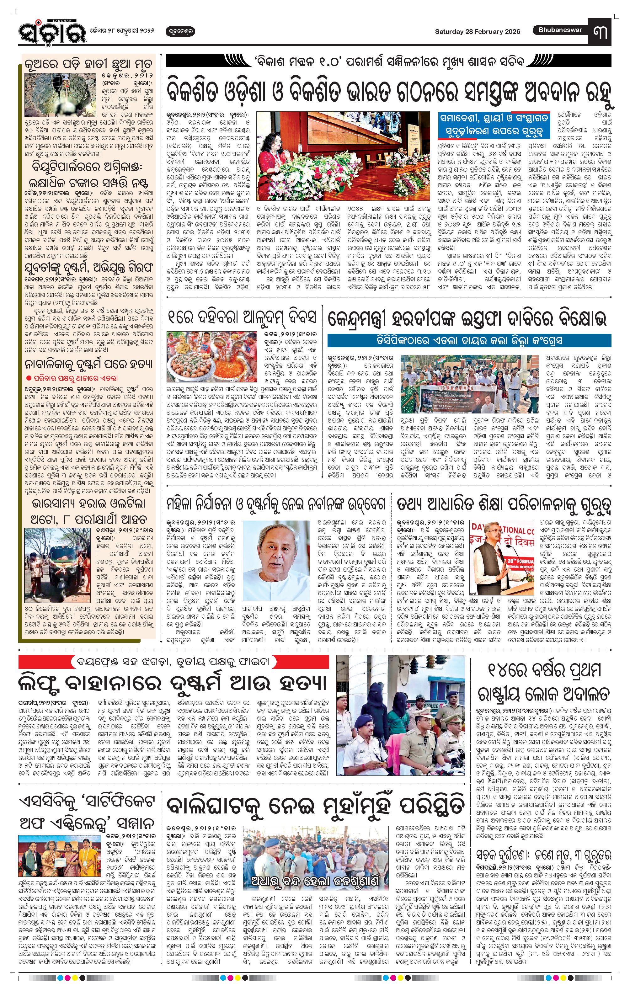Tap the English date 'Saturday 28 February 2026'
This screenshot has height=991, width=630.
[477, 32]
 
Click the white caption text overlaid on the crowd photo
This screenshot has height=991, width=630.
[315, 882]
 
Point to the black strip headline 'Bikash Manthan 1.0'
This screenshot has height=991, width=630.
[388, 62]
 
